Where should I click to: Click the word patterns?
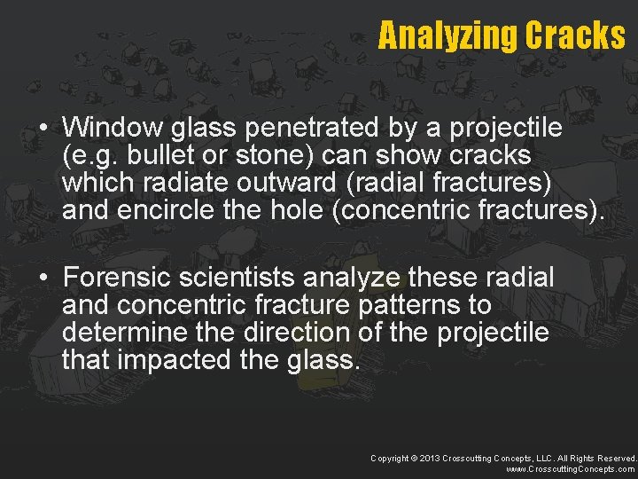click(434, 306)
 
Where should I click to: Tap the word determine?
click(121, 334)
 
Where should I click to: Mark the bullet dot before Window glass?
click(43, 129)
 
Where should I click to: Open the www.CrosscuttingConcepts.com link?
click(571, 469)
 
